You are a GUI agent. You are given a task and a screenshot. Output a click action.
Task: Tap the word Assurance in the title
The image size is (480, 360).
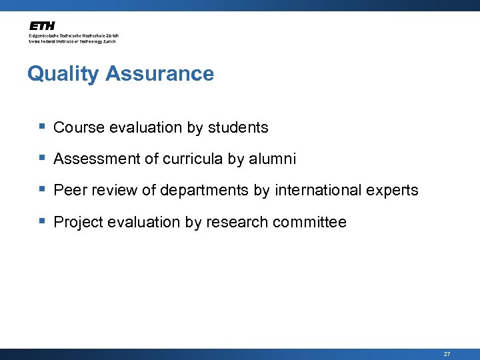pyautogui.click(x=159, y=73)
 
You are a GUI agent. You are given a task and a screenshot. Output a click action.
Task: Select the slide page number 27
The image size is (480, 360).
pyautogui.click(x=447, y=354)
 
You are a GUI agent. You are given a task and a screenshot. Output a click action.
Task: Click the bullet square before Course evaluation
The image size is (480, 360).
pyautogui.click(x=42, y=126)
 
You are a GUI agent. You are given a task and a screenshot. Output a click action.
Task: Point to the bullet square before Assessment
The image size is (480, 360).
pyautogui.click(x=42, y=158)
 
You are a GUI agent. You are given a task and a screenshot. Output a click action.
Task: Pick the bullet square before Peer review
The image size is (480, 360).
pyautogui.click(x=42, y=189)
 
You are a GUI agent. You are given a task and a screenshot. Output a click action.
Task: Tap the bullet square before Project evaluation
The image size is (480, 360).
pyautogui.click(x=42, y=221)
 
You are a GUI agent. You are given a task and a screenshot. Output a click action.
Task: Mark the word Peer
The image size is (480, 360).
pyautogui.click(x=69, y=191)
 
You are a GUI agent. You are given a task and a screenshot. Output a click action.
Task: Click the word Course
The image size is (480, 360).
pyautogui.click(x=76, y=127)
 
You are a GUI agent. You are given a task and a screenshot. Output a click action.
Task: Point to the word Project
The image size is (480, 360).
pyautogui.click(x=77, y=222)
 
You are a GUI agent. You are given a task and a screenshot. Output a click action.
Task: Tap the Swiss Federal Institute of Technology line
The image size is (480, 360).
pyautogui.click(x=72, y=41)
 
